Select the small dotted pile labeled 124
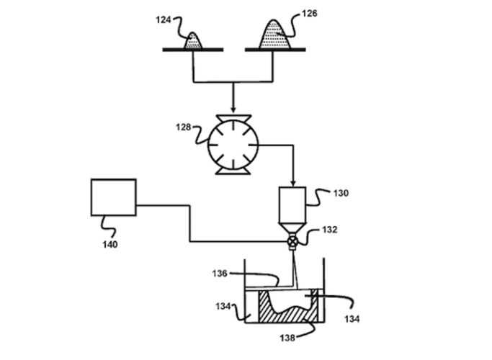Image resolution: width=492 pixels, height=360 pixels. point(194,42)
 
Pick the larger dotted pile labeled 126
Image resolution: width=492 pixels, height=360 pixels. point(274,36)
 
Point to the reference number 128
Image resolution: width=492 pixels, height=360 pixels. point(184,127)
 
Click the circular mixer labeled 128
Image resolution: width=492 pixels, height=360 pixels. point(231,141)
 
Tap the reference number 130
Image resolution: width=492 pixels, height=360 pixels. point(341,193)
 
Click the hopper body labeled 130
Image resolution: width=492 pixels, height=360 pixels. point(292,202)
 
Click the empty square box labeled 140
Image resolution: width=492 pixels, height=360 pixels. point(113,197)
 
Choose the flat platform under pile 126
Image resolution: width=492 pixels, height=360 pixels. point(277,50)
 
